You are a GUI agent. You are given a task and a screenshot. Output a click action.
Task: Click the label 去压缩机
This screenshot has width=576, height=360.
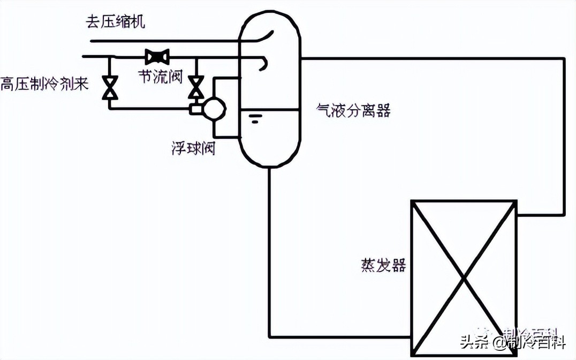tap(115, 22)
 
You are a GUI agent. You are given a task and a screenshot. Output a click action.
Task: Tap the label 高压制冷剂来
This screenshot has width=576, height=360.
tap(44, 84)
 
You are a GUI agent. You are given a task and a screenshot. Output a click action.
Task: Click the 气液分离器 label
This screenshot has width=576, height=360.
tap(353, 111)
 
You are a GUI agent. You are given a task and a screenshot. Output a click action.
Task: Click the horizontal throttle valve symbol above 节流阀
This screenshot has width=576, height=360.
tap(157, 56)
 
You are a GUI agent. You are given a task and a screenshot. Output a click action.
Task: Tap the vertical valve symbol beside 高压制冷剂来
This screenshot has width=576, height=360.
tap(111, 87)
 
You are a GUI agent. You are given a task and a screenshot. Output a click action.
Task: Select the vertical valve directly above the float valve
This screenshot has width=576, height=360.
tap(196, 86)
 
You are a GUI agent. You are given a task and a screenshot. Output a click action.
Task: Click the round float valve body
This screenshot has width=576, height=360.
tap(214, 109)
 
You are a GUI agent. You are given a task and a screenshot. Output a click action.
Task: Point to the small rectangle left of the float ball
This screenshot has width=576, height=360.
tap(194, 109)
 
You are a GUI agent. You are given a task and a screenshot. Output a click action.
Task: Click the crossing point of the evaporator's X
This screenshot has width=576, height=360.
tap(464, 278)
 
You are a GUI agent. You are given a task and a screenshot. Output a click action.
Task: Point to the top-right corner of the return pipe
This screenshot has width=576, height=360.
tap(564, 58)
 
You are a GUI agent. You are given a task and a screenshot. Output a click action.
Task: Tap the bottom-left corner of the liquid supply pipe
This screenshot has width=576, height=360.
tap(269, 337)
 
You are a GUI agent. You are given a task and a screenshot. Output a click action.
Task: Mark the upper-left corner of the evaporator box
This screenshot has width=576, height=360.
tap(412, 201)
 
